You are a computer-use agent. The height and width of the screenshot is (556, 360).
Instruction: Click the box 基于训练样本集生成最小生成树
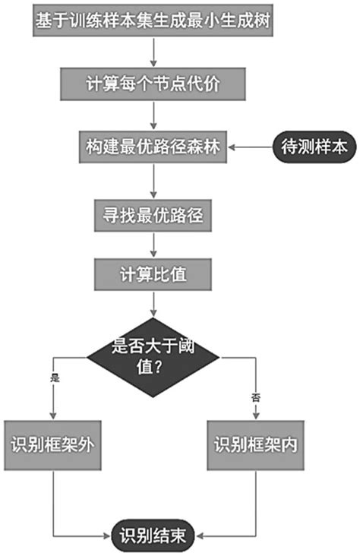pyautogui.click(x=154, y=21)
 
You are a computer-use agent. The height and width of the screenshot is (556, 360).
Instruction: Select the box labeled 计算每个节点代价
pyautogui.click(x=154, y=84)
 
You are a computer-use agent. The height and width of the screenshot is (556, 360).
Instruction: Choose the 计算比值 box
pyautogui.click(x=154, y=273)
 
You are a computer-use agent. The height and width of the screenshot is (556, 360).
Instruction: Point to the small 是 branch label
pyautogui.click(x=54, y=378)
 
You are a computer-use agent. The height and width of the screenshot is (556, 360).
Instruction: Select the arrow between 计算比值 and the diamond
pyautogui.click(x=154, y=305)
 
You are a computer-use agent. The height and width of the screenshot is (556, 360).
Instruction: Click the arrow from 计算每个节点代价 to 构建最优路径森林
pyautogui.click(x=154, y=116)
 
